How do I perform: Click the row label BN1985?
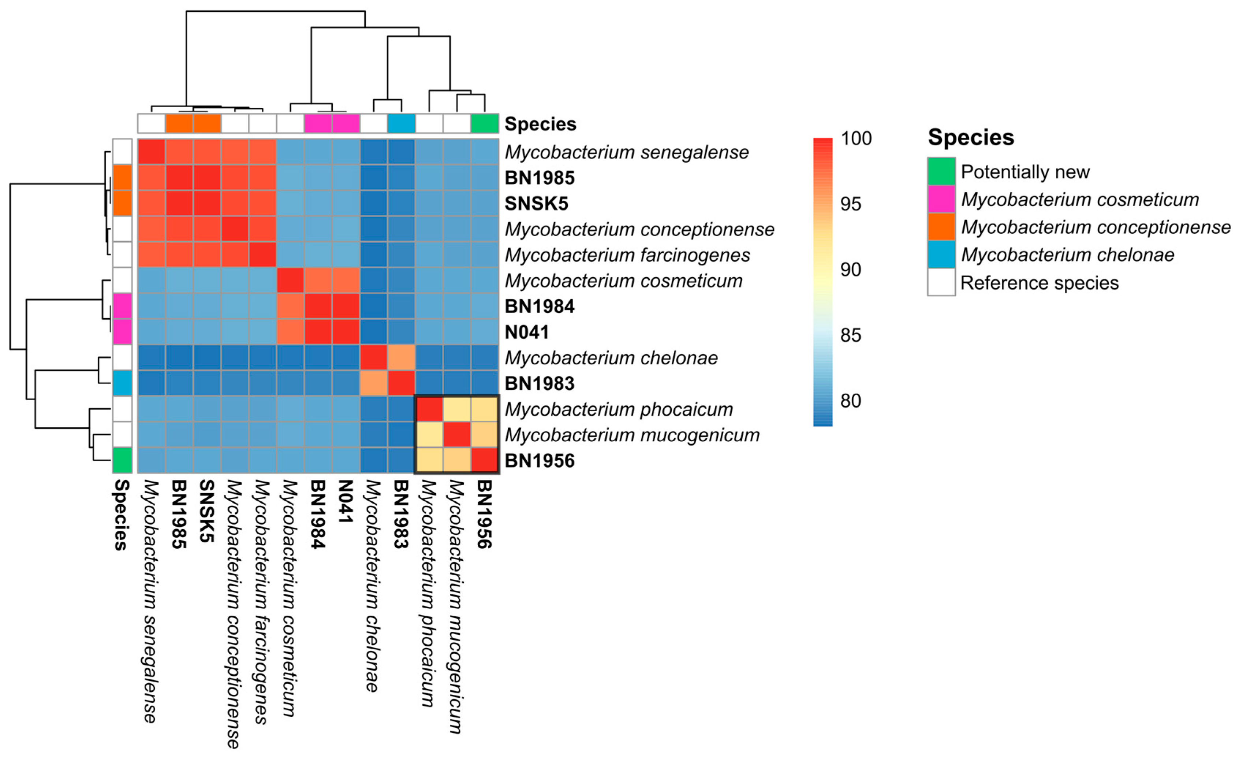tap(539, 178)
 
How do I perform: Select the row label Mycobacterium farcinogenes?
tap(627, 255)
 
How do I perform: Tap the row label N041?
tap(526, 332)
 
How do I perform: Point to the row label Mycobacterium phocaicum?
tap(619, 409)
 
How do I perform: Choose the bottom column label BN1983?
tap(401, 513)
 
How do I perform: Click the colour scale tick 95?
tap(850, 204)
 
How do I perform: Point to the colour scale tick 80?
tap(850, 401)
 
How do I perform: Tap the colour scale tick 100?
tap(856, 138)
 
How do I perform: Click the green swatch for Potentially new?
tap(941, 171)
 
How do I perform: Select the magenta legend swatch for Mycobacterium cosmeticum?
tap(941, 199)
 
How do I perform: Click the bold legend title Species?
tap(970, 137)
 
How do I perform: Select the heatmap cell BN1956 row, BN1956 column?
tap(485, 460)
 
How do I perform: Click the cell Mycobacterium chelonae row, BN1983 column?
tap(401, 358)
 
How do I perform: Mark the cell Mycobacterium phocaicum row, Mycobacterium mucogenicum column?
tap(456, 409)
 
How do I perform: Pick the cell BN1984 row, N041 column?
tap(346, 306)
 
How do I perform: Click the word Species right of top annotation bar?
tap(540, 124)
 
